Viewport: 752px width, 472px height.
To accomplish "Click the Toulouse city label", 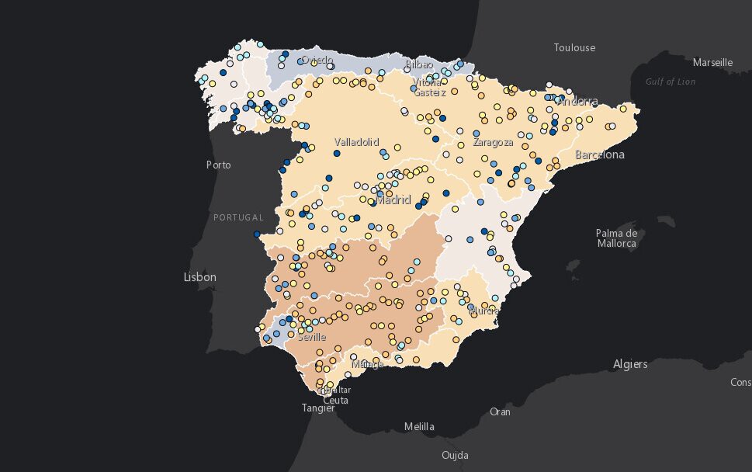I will point(574,48).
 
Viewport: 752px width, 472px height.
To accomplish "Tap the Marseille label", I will point(712,63).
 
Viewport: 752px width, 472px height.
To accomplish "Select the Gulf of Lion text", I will point(671,82).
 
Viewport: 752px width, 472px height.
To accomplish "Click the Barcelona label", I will point(599,155).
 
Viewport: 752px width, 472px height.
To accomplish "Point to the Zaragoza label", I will point(493,143).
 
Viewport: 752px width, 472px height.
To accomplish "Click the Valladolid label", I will point(356,142).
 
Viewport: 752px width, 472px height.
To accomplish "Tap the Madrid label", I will point(393,200).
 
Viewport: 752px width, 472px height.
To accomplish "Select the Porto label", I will point(219,165).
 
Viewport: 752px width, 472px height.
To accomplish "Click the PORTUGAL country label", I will point(238,217).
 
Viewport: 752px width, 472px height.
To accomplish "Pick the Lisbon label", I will point(199,277).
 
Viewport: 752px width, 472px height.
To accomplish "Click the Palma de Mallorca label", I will point(616,238).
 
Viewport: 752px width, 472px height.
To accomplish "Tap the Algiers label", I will point(630,363).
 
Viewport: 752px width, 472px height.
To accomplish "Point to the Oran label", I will point(500,411).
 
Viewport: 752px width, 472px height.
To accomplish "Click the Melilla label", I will point(419,426).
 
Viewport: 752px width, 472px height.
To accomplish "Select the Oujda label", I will point(454,455).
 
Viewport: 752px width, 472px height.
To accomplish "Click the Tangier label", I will point(318,408).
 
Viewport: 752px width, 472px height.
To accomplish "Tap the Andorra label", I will point(578,102).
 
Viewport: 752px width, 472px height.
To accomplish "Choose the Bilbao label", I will point(420,64).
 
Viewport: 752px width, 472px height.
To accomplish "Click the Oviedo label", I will point(317,60).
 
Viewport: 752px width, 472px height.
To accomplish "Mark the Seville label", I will point(310,338).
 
